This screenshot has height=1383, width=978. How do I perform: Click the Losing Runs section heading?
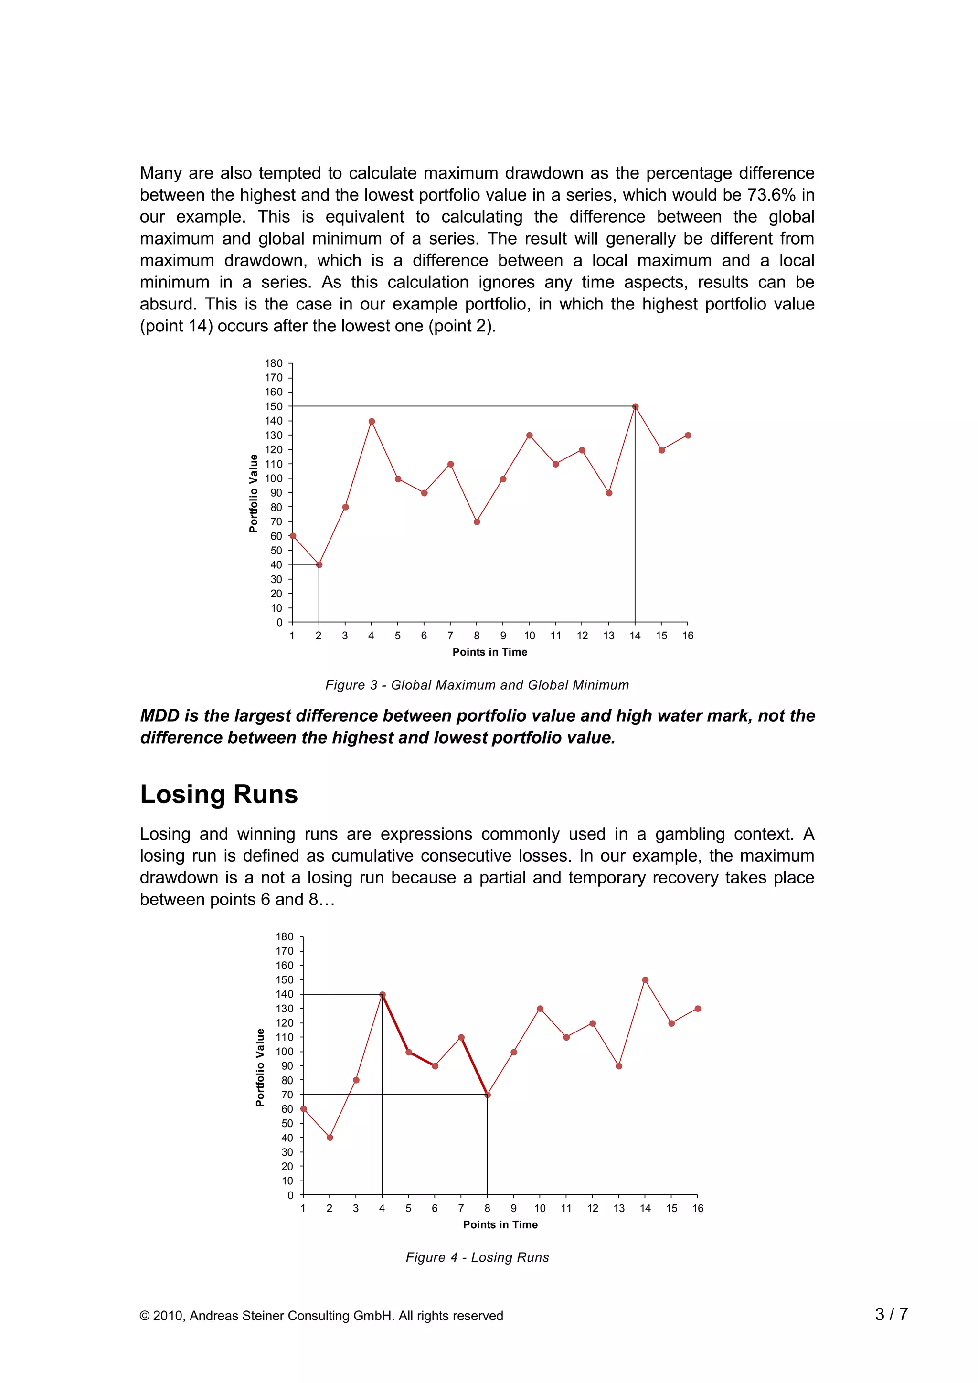click(x=219, y=794)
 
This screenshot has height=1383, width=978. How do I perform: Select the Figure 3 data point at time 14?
click(x=635, y=406)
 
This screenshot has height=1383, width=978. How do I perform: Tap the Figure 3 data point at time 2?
click(x=319, y=565)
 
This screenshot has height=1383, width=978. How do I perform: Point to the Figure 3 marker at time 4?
click(x=372, y=422)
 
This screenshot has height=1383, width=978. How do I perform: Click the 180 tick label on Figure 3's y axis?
click(x=274, y=363)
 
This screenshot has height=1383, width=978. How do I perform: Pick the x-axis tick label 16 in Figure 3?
click(x=688, y=636)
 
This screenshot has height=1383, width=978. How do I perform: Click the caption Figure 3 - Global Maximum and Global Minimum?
click(x=477, y=685)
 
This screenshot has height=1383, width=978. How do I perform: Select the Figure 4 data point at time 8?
click(x=487, y=1095)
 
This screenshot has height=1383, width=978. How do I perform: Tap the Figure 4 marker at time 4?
click(x=383, y=994)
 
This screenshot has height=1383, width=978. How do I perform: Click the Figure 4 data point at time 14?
click(x=645, y=980)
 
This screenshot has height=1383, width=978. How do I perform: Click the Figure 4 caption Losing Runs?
click(x=477, y=1257)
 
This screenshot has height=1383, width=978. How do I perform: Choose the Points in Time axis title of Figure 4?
click(x=500, y=1224)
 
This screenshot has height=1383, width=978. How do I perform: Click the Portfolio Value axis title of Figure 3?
click(x=254, y=493)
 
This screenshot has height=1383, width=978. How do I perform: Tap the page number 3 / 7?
click(x=891, y=1314)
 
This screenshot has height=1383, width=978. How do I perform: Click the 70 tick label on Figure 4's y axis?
click(x=287, y=1095)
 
